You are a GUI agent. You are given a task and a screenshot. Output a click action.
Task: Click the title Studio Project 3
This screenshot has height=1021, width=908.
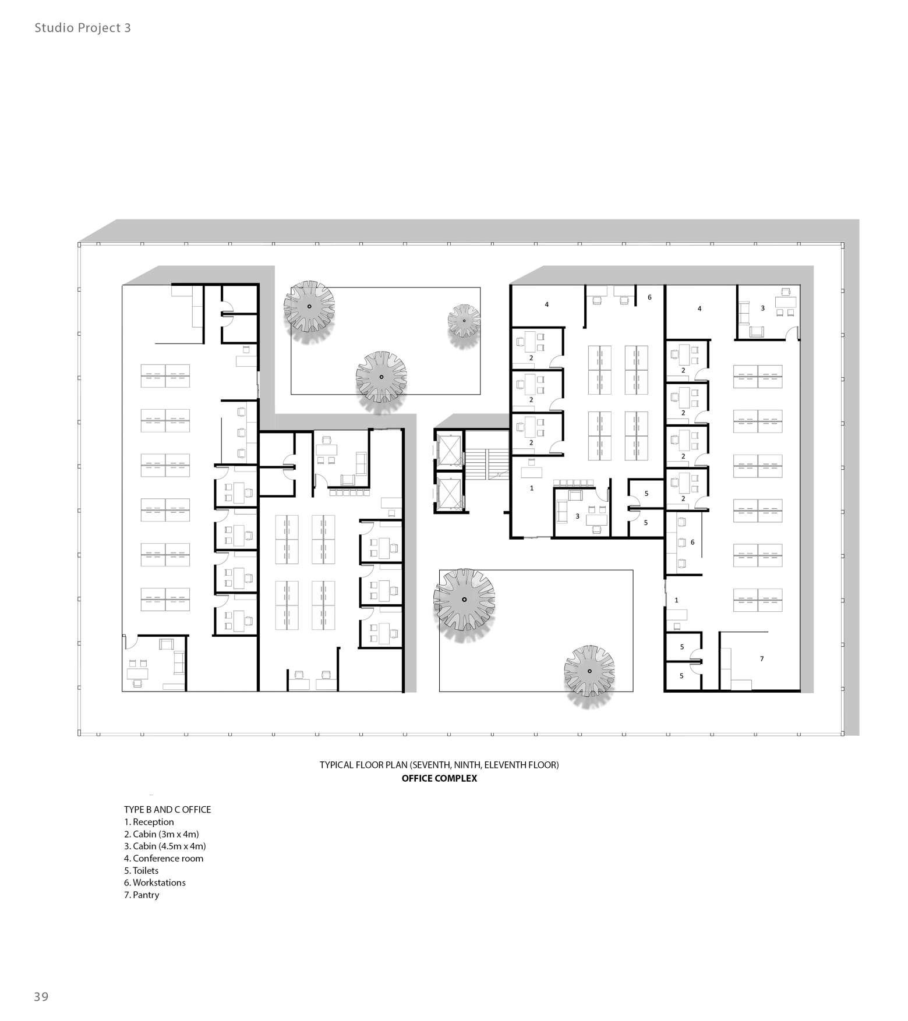(82, 28)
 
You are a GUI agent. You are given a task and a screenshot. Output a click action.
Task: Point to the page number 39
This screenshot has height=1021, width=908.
(41, 996)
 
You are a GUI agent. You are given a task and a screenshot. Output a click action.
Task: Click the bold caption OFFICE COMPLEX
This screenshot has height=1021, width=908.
(439, 778)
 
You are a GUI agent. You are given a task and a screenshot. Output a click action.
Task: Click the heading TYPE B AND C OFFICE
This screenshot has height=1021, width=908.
(167, 809)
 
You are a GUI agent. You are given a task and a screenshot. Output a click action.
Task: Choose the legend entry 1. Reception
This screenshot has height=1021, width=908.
(149, 821)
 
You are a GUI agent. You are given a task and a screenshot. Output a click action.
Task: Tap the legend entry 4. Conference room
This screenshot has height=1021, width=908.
(164, 858)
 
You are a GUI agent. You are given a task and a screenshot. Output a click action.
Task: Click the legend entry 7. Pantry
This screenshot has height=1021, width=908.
(142, 895)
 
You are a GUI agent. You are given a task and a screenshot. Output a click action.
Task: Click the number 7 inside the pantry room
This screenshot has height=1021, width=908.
(761, 658)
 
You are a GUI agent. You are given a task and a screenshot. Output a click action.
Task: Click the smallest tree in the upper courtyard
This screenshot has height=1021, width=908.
(464, 320)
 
